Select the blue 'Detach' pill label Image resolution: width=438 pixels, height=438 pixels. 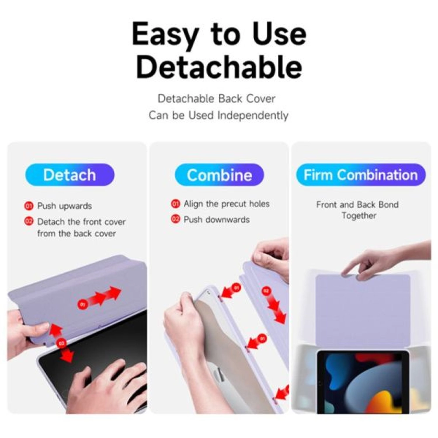[70, 175]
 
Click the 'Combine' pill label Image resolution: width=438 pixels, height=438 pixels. [219, 175]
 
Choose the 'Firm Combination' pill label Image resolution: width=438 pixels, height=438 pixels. [361, 175]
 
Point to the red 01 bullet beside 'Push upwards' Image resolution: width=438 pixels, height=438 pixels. [29, 206]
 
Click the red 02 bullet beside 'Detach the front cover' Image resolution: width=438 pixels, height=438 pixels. [29, 221]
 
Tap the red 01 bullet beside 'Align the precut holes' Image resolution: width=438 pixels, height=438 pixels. [175, 204]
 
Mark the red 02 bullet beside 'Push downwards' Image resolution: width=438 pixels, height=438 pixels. [175, 219]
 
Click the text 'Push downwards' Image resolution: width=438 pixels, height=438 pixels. [216, 220]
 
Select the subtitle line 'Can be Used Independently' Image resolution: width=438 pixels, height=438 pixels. [218, 115]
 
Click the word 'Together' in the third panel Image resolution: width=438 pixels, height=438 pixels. [359, 216]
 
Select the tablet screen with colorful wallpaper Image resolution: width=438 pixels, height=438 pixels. [363, 383]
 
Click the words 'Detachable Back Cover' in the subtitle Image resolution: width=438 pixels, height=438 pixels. [216, 99]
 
